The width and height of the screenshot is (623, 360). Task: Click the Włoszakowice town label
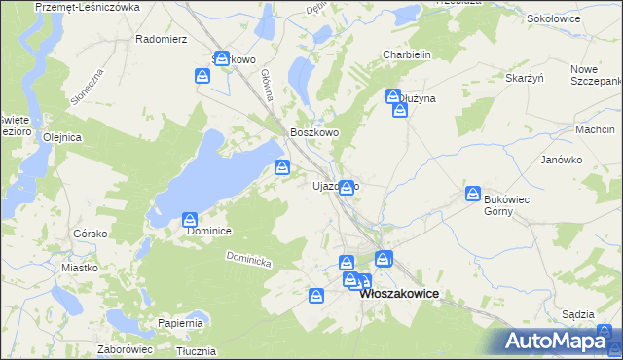pos(399,293)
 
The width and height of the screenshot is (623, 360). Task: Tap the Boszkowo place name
pos(314,133)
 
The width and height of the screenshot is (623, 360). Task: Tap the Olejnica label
pos(61,137)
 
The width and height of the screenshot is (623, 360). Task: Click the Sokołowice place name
pos(552,18)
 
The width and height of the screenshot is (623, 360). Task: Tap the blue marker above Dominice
pos(190,221)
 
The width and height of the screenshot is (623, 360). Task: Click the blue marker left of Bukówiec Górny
pos(473,194)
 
